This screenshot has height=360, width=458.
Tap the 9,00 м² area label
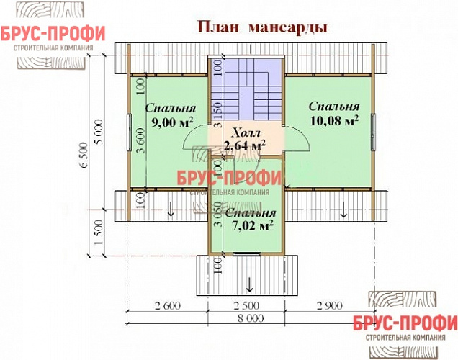click(169, 122)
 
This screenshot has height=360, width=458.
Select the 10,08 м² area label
click(334, 120)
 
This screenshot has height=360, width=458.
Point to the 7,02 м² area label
click(249, 226)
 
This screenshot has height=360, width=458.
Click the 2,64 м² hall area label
click(244, 145)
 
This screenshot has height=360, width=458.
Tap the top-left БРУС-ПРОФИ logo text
click(53, 34)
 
